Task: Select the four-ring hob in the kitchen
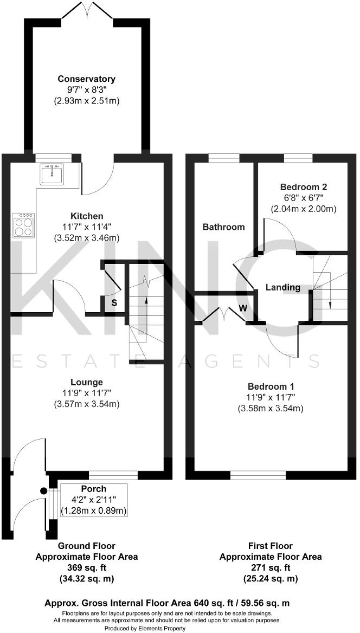tap(23, 226)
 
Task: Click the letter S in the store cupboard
tap(114, 302)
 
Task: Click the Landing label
tap(282, 287)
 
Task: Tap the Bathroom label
tap(223, 227)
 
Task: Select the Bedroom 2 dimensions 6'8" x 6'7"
tap(303, 198)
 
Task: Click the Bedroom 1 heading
tap(271, 386)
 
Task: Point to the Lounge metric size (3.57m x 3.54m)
tap(86, 404)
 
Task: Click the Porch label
tap(93, 489)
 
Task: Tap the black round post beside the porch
tap(44, 491)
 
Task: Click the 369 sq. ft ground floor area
tap(87, 567)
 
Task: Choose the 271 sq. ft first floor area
tap(271, 567)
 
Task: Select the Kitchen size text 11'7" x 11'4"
tap(82, 227)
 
